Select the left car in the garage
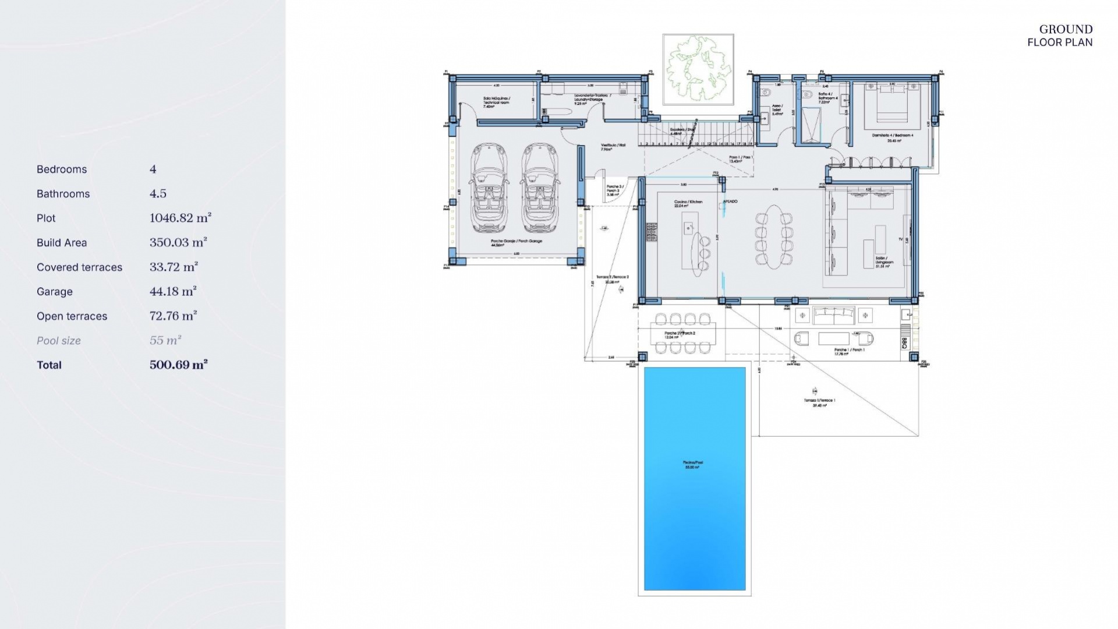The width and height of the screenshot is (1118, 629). click(489, 188)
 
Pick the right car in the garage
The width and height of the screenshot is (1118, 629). click(540, 188)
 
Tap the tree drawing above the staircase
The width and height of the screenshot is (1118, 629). click(698, 69)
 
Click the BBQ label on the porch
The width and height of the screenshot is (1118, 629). click(904, 343)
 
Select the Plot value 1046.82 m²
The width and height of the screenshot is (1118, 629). click(180, 218)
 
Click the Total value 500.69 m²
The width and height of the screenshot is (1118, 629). click(179, 365)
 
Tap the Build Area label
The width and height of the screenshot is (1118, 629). click(62, 243)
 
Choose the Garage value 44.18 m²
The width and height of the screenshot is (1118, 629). click(173, 291)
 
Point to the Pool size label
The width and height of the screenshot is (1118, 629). click(59, 341)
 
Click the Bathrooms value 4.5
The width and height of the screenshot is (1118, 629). click(158, 193)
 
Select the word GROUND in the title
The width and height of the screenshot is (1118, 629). click(1066, 29)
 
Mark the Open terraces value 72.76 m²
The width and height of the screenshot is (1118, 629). click(173, 316)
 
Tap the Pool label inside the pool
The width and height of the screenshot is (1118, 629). click(691, 464)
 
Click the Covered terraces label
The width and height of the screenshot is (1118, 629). click(79, 267)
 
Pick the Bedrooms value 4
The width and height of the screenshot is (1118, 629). click(153, 169)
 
